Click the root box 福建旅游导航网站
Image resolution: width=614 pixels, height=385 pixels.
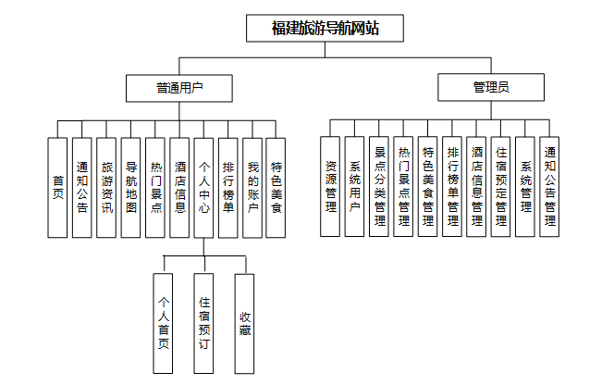click(325, 29)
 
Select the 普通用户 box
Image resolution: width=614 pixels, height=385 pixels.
click(179, 89)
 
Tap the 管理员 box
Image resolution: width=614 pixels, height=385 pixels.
click(491, 89)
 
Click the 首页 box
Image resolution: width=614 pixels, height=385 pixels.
click(57, 188)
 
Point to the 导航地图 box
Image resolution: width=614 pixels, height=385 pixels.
click(131, 188)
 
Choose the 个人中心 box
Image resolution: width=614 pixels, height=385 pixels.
click(203, 188)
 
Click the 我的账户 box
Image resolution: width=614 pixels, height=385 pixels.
click(252, 188)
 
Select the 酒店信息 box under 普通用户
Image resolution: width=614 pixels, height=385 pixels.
click(179, 188)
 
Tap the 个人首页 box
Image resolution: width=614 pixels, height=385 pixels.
click(164, 323)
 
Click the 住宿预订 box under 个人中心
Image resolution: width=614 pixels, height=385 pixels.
click(204, 323)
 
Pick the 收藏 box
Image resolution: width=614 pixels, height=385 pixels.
click(244, 323)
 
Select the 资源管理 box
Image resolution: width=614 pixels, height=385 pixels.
click(330, 187)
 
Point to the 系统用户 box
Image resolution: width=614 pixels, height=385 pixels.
click(354, 187)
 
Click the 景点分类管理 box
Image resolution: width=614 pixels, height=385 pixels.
click(379, 187)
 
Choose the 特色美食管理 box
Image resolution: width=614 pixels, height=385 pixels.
click(428, 187)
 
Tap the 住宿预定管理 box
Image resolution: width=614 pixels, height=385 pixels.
click(501, 187)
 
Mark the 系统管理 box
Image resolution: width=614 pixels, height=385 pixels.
click(525, 187)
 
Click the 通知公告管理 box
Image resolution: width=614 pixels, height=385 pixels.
click(549, 187)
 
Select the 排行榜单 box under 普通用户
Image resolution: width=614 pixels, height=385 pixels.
click(227, 188)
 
